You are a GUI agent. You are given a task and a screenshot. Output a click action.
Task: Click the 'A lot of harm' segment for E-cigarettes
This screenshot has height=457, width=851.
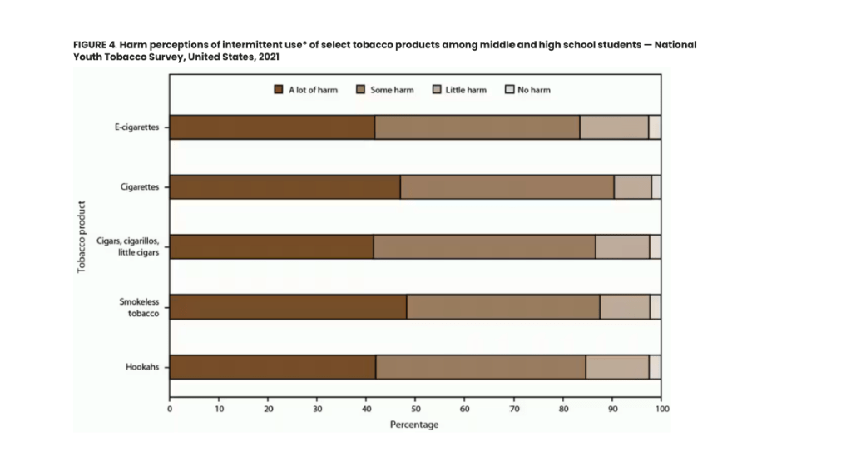[x=272, y=127]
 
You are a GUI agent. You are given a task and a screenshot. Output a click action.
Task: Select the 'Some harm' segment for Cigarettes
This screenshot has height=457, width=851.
[x=507, y=187]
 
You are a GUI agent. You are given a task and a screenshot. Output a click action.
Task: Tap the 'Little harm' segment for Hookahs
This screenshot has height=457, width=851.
[x=617, y=367]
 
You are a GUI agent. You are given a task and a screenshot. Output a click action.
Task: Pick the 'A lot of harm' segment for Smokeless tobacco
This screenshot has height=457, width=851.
[x=288, y=307]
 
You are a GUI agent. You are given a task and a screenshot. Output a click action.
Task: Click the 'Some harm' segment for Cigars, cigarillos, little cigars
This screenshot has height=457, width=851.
[x=484, y=247]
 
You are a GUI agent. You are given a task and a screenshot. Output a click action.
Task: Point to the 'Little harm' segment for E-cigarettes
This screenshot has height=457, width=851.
[x=614, y=127]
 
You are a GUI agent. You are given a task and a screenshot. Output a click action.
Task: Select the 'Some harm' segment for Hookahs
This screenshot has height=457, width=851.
[x=480, y=367]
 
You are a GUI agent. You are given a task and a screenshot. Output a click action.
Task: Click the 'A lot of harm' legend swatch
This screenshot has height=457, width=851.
[x=280, y=90]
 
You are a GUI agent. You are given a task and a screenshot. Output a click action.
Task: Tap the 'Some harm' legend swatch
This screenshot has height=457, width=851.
[x=361, y=90]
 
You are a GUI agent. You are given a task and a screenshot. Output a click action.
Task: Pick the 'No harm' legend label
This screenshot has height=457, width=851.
[x=534, y=90]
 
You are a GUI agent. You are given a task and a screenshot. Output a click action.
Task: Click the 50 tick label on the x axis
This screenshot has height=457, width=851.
[x=415, y=410]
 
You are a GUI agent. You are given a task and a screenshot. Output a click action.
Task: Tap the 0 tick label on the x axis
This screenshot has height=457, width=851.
[x=170, y=410]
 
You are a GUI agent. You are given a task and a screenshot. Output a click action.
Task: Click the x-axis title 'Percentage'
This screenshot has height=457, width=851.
[x=414, y=425]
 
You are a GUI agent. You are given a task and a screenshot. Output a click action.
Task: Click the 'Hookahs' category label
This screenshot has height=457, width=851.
[x=144, y=367]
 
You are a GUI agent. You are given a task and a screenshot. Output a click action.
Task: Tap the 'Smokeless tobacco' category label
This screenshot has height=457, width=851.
[x=141, y=307]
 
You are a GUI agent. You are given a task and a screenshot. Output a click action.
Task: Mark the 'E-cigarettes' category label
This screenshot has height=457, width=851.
[x=136, y=127]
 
